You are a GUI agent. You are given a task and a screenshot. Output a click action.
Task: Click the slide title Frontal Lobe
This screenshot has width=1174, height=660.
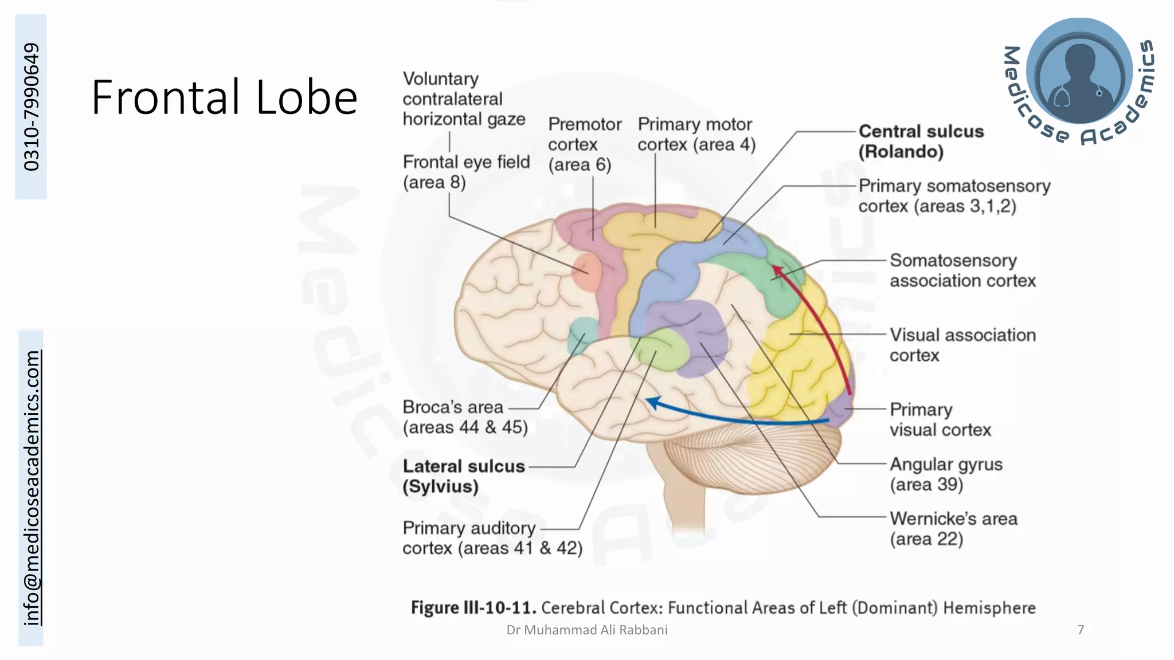point(224,97)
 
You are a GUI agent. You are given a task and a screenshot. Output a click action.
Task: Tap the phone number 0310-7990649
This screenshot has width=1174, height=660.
point(32,107)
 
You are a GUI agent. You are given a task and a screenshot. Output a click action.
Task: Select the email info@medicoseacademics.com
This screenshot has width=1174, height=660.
point(32,488)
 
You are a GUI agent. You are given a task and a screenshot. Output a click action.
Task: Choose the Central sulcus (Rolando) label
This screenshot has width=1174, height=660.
point(920,142)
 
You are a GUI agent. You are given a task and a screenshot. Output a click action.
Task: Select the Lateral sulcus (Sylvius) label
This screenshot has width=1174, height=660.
point(463,476)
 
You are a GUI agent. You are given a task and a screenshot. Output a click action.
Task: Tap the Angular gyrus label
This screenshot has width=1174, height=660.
point(945,474)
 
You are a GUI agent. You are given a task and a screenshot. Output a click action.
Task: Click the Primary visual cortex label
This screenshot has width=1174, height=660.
point(940,419)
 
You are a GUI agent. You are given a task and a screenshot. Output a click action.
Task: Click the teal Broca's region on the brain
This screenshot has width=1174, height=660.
point(582,335)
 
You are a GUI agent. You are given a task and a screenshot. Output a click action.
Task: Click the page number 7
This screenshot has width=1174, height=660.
point(1081,630)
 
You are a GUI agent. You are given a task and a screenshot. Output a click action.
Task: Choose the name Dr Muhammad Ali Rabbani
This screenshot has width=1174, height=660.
point(586,630)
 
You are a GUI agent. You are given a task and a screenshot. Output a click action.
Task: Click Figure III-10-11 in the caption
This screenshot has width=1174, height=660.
point(473,607)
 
